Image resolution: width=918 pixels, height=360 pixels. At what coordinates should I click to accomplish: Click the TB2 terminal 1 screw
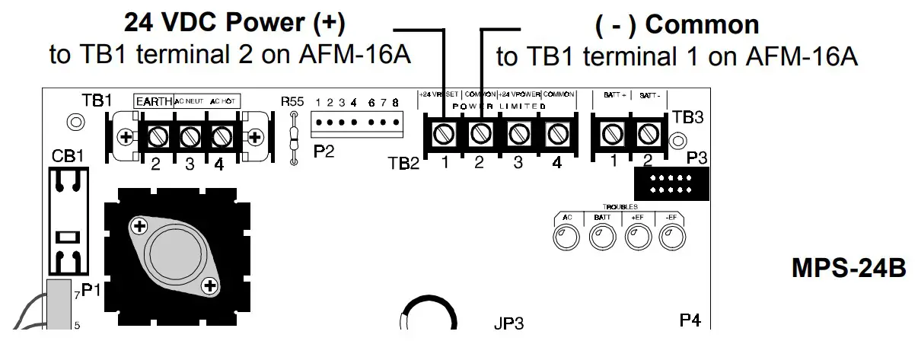click(444, 135)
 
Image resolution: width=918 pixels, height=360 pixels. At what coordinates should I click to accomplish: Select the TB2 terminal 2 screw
click(480, 135)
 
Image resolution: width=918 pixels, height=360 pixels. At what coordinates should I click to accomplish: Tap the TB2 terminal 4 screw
click(556, 135)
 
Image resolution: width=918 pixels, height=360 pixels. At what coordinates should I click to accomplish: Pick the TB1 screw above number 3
click(190, 137)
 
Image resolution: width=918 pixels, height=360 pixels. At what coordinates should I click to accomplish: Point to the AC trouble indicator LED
click(567, 238)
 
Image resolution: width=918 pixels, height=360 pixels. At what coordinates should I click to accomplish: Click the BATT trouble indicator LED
click(601, 238)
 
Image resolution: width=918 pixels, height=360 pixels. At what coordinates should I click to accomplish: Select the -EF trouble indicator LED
click(671, 238)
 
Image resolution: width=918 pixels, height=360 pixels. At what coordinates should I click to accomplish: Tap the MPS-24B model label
click(849, 268)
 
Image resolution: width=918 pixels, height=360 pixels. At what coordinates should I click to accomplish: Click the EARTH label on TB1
click(154, 100)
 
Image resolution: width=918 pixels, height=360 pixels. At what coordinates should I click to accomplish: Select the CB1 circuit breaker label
click(68, 155)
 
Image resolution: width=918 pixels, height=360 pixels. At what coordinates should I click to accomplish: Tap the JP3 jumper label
click(508, 323)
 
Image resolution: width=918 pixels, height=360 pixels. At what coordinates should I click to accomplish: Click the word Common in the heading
click(702, 25)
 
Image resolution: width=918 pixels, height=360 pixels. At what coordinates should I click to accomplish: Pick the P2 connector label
click(324, 151)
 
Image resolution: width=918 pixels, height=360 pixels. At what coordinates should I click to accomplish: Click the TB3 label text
click(688, 117)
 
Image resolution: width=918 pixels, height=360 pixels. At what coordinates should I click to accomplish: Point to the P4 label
click(690, 320)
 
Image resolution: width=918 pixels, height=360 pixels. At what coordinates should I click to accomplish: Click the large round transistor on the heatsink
click(174, 254)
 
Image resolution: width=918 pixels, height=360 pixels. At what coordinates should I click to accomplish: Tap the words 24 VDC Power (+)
click(234, 24)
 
